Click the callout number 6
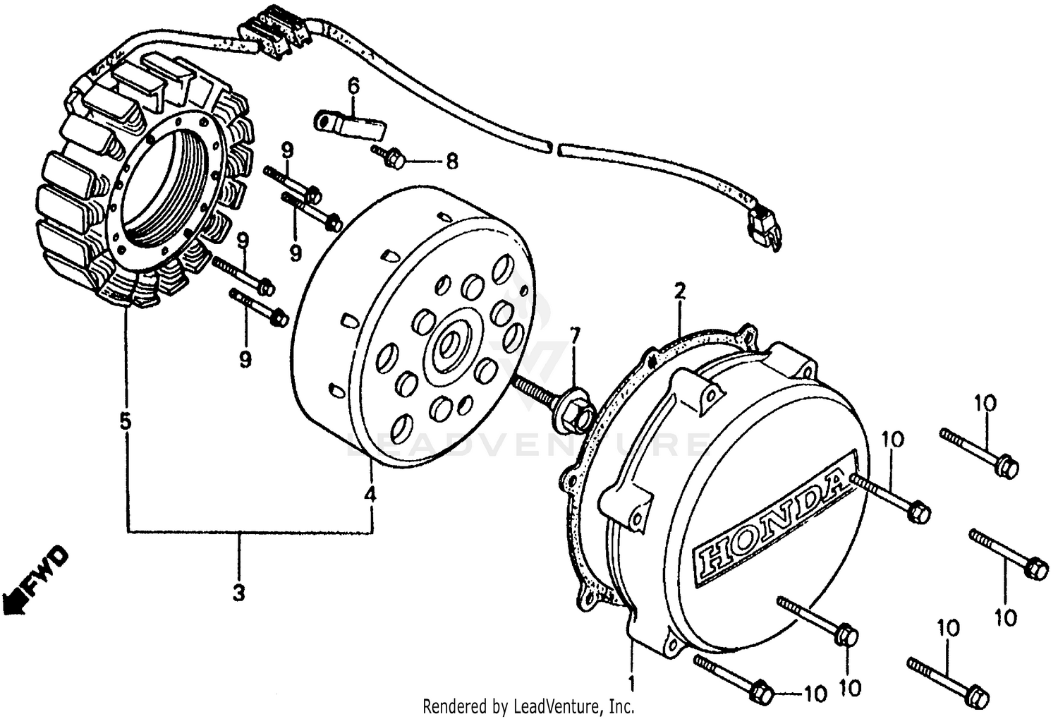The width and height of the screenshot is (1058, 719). [353, 87]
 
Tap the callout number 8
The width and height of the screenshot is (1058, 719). [451, 162]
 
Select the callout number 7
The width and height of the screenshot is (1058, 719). [575, 337]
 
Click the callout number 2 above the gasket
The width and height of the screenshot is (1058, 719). [680, 291]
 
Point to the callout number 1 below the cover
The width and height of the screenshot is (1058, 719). [632, 683]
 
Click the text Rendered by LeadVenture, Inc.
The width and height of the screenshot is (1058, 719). [528, 705]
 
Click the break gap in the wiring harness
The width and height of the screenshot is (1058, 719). [554, 147]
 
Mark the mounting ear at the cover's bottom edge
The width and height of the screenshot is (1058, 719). [676, 639]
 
